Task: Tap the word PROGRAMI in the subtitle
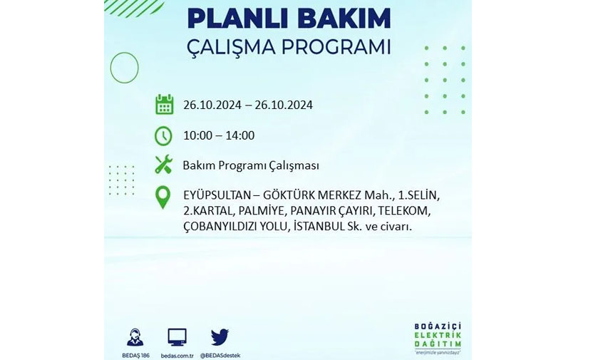(336, 47)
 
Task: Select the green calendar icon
(164, 104)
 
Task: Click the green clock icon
(163, 136)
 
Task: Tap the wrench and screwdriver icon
(163, 164)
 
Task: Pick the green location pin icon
(163, 197)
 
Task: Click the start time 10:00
(197, 135)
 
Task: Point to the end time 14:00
(240, 135)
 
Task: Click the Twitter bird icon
(220, 337)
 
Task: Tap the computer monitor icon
(177, 337)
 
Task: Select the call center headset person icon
(135, 337)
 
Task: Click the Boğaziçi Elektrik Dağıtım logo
(438, 339)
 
